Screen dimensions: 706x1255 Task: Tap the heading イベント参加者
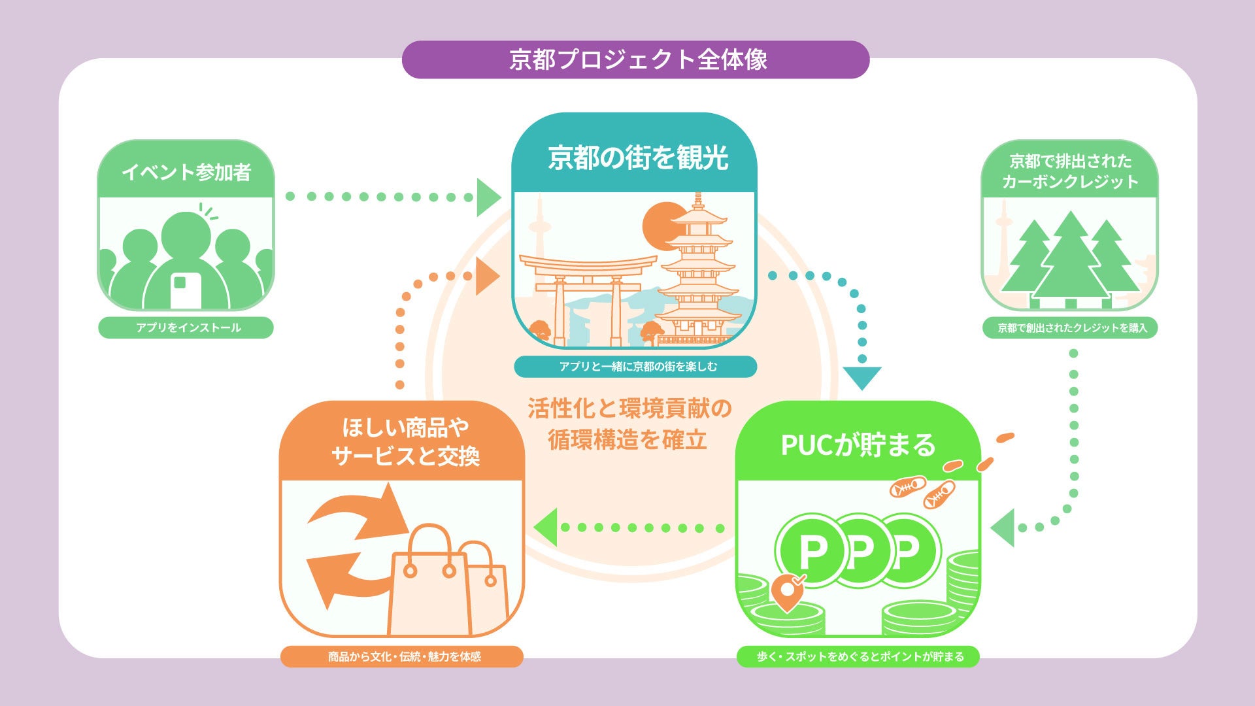tap(186, 172)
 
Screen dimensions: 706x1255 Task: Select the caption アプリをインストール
tap(186, 328)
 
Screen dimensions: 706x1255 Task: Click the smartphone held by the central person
tap(186, 290)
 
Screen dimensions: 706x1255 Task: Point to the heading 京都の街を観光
tap(637, 158)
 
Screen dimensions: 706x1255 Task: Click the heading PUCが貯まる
tap(858, 445)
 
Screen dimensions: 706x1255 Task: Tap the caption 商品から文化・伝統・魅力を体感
tap(403, 656)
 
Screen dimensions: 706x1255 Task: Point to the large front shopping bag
tap(429, 588)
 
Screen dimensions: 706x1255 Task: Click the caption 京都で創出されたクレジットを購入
tap(1071, 328)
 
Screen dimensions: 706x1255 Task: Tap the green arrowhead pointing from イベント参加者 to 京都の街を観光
tap(487, 197)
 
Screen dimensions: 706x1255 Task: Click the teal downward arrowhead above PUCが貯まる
tap(862, 377)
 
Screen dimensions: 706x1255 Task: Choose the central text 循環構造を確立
tap(627, 440)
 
